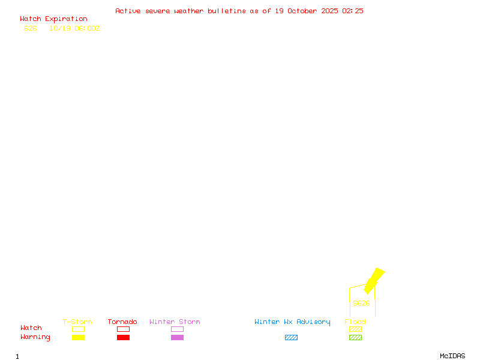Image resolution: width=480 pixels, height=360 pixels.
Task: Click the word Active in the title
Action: coord(128,11)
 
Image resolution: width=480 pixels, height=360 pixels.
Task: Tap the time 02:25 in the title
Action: coord(353,11)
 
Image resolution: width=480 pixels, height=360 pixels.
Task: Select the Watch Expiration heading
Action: coord(53,19)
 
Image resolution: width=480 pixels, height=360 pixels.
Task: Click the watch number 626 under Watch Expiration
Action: coord(31,28)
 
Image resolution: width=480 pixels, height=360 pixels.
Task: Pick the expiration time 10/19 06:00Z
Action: coord(74,28)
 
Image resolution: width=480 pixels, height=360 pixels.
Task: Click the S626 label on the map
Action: coord(361,303)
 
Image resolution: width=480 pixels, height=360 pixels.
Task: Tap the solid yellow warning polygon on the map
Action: coord(374,280)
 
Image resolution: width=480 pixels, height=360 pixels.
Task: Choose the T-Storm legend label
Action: coord(77,322)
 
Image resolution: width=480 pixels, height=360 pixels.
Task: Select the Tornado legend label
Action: coord(122,322)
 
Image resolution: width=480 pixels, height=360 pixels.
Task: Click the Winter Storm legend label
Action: coord(175,322)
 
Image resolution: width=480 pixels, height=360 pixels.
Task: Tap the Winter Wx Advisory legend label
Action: coord(292,322)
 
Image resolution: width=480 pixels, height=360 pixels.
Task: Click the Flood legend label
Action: coord(355,322)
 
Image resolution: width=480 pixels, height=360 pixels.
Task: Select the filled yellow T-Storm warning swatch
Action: coord(78,338)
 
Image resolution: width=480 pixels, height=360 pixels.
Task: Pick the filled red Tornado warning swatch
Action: coord(123,338)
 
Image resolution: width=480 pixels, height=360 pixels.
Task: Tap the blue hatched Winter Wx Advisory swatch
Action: coord(291,338)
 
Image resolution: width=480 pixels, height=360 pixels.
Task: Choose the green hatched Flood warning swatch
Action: coord(355,338)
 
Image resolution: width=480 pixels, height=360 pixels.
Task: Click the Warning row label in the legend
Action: coord(35,337)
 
